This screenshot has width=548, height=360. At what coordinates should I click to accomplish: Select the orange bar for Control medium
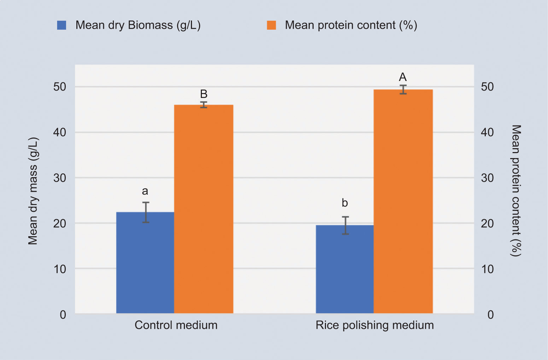point(204,209)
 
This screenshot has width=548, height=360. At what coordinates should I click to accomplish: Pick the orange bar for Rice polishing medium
point(403,201)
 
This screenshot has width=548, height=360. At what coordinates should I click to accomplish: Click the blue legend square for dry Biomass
point(62,25)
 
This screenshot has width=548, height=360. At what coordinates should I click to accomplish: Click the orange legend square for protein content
point(271,25)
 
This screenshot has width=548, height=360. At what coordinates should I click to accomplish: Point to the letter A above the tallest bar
point(403,77)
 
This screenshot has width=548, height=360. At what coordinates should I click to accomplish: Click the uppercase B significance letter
point(204,94)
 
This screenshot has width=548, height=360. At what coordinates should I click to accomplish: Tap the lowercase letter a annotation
point(145,191)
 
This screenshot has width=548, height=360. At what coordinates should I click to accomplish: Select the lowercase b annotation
point(345,203)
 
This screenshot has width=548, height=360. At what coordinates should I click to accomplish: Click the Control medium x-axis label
point(176,325)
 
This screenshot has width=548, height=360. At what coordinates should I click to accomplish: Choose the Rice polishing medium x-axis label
point(375,325)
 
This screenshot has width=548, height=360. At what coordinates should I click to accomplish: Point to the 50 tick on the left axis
point(60,87)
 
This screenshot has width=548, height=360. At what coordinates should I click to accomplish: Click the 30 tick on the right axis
point(487,178)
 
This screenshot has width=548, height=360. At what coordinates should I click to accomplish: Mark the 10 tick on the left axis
point(60,269)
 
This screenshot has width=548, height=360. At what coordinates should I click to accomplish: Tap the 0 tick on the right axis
point(490,314)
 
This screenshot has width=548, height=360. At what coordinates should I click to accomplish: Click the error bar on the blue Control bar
point(146,212)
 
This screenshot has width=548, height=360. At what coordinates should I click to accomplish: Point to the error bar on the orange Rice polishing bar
point(403,89)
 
